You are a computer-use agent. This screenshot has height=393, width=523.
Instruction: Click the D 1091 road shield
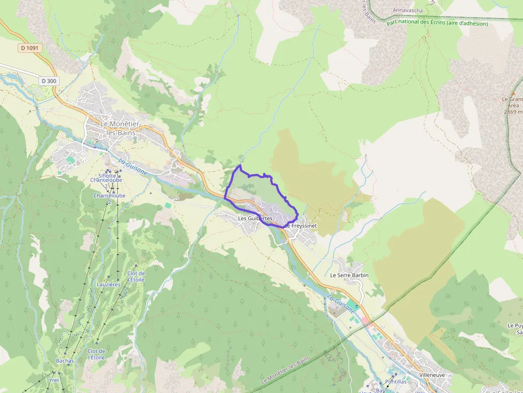[30, 48]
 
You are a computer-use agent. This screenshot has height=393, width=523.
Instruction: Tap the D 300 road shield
[49, 81]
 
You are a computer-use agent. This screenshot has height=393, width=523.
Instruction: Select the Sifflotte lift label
[107, 175]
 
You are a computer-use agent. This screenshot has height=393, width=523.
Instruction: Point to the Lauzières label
[108, 284]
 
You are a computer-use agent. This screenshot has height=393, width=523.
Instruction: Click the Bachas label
[65, 361]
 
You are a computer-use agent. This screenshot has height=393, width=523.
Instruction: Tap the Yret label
[54, 380]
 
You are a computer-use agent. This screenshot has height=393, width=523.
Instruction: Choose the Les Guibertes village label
[255, 219]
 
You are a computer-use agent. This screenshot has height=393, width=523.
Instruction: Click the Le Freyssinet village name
[302, 226]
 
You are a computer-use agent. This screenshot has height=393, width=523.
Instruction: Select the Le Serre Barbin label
[349, 275]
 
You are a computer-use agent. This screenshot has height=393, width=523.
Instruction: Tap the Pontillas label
[395, 382]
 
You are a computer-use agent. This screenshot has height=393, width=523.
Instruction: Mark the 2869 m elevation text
[513, 112]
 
